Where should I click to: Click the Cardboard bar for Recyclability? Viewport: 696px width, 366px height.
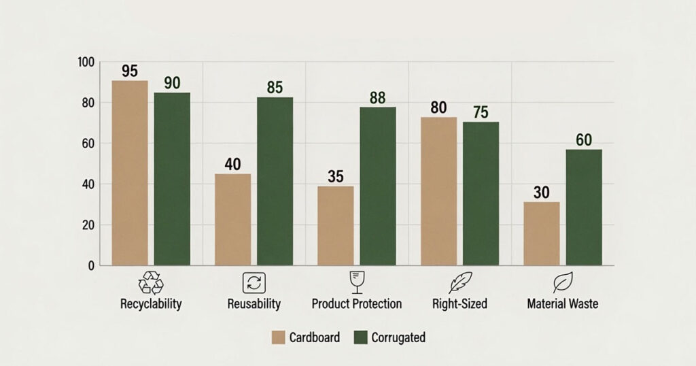point(130,173)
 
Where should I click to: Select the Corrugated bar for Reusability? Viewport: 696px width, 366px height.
point(275,181)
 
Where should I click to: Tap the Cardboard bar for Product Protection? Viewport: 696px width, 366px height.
point(336,226)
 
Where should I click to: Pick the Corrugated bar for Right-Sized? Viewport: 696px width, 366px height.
point(481,194)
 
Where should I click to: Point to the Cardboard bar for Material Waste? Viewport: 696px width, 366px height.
point(542,233)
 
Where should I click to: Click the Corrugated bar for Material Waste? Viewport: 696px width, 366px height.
point(584,207)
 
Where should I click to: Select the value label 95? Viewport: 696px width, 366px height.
point(130,71)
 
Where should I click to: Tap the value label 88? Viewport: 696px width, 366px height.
point(377,98)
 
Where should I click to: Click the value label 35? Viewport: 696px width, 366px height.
point(336,177)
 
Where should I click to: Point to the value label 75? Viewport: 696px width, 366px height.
point(481,112)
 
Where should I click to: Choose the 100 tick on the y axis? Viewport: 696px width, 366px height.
point(86,62)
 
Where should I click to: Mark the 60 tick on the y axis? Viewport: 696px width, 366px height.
point(89,144)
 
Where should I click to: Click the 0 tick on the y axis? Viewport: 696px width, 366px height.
point(92,265)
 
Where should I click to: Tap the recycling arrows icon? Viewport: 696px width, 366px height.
point(151,283)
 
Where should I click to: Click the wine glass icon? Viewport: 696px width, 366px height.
point(356,282)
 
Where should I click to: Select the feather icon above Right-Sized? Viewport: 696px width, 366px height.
point(460,282)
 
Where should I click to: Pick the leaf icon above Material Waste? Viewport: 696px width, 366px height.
point(563,282)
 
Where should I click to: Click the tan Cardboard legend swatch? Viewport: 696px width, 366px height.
point(278,337)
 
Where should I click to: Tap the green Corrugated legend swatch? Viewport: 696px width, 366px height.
point(360,337)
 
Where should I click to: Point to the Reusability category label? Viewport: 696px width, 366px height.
point(254,304)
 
